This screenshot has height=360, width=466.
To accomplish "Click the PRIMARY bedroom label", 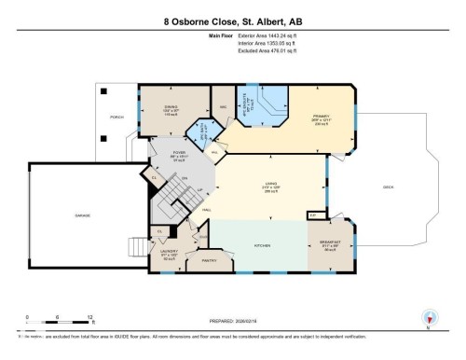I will coord(322,118).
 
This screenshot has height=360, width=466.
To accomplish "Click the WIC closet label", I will coord(225,107).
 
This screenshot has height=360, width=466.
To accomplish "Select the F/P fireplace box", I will coord(312,215).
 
